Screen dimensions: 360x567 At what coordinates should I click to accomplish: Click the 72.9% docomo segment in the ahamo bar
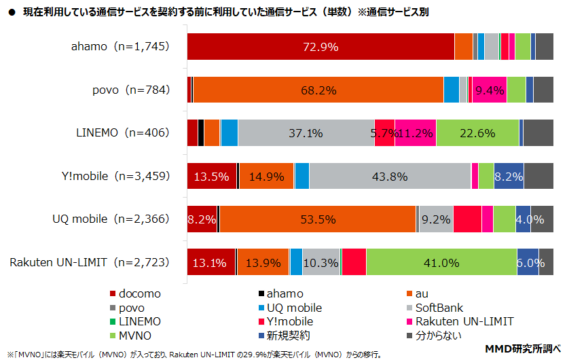[x=321, y=47]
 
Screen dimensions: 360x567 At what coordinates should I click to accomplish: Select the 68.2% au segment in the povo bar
[x=318, y=90]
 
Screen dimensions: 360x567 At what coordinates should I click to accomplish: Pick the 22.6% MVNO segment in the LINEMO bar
[x=477, y=132]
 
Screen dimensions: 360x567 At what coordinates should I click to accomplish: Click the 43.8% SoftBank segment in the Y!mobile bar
[x=390, y=176]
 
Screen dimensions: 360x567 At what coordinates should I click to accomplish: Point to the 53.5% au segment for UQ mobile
[x=317, y=219]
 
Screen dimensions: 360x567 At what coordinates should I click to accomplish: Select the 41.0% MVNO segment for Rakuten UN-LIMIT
[x=441, y=262]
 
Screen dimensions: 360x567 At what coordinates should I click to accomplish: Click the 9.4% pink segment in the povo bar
[x=489, y=90]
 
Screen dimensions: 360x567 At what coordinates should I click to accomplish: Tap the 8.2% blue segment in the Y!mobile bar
[x=509, y=176]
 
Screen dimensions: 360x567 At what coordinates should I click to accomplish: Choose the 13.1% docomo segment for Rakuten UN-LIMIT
[x=211, y=262]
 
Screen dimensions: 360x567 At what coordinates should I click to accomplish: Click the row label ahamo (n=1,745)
[x=120, y=47]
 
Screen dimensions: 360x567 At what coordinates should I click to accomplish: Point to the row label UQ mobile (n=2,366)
[x=110, y=219]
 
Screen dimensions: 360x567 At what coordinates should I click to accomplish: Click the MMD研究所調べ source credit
[x=521, y=349]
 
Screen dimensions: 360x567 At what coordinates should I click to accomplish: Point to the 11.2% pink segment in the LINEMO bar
[x=415, y=132]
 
